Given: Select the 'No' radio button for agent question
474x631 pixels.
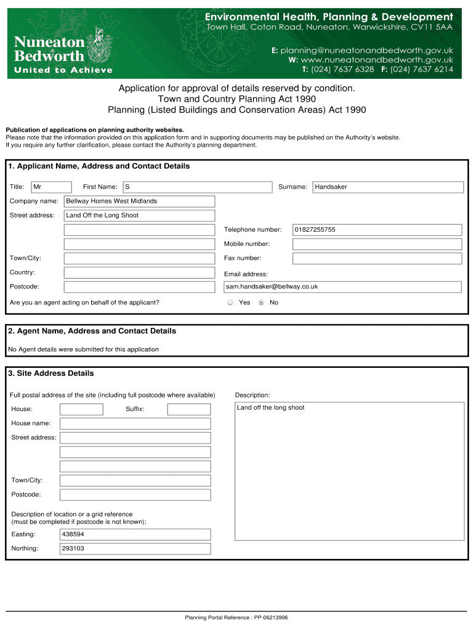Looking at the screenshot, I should point(262,303).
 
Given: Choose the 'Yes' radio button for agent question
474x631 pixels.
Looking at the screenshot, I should point(230,303).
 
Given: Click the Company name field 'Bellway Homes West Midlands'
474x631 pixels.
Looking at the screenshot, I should point(140,202).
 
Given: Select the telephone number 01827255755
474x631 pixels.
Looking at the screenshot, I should point(377,230).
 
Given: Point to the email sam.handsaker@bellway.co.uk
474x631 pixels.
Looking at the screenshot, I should point(342,287).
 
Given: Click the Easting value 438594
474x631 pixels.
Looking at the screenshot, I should point(135,534).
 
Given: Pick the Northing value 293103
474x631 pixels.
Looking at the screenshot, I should point(135,548).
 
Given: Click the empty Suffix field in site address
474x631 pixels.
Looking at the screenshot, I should point(188,409).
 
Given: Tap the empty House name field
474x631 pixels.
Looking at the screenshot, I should point(135,423).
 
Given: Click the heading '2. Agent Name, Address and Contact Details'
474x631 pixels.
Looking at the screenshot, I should point(92,331).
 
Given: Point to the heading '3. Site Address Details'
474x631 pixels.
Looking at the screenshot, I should point(51,373).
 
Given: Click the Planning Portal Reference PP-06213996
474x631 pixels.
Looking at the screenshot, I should point(236,617).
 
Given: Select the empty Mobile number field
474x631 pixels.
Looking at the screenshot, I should point(377,244).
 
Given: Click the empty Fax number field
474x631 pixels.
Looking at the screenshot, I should point(377,259).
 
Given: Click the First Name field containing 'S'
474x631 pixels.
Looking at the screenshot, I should point(197,187).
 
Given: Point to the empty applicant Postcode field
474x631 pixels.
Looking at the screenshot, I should point(140,287).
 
